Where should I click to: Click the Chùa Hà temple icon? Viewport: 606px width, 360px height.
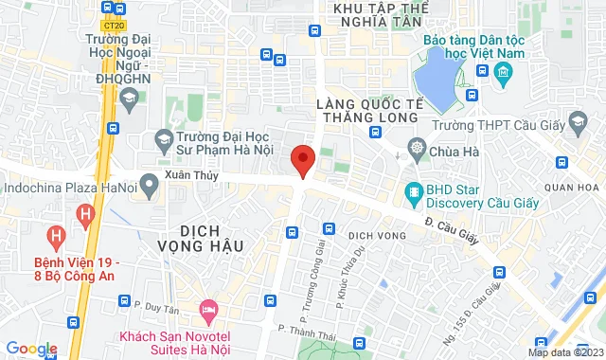pyautogui.click(x=417, y=149)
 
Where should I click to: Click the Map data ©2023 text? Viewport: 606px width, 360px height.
pyautogui.click(x=564, y=352)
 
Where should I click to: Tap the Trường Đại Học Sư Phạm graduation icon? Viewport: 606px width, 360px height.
pyautogui.click(x=164, y=141)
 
